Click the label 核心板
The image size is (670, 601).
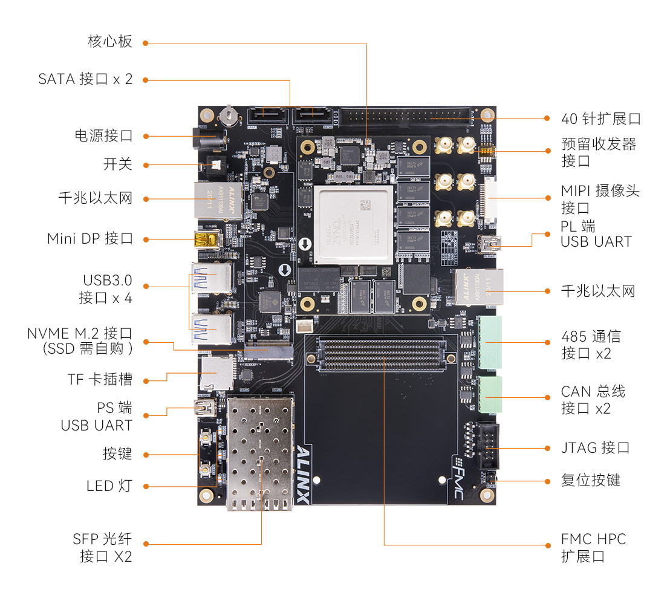[109, 42]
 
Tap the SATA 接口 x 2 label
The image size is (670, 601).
[85, 79]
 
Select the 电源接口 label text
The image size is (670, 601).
[103, 135]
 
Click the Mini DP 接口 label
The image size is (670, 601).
[90, 238]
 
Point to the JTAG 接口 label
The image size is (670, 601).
[595, 447]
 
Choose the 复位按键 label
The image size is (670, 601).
[590, 481]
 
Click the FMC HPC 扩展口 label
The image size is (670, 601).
[593, 547]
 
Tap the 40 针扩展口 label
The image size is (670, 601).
[600, 119]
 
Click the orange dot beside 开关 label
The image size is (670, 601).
[146, 164]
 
